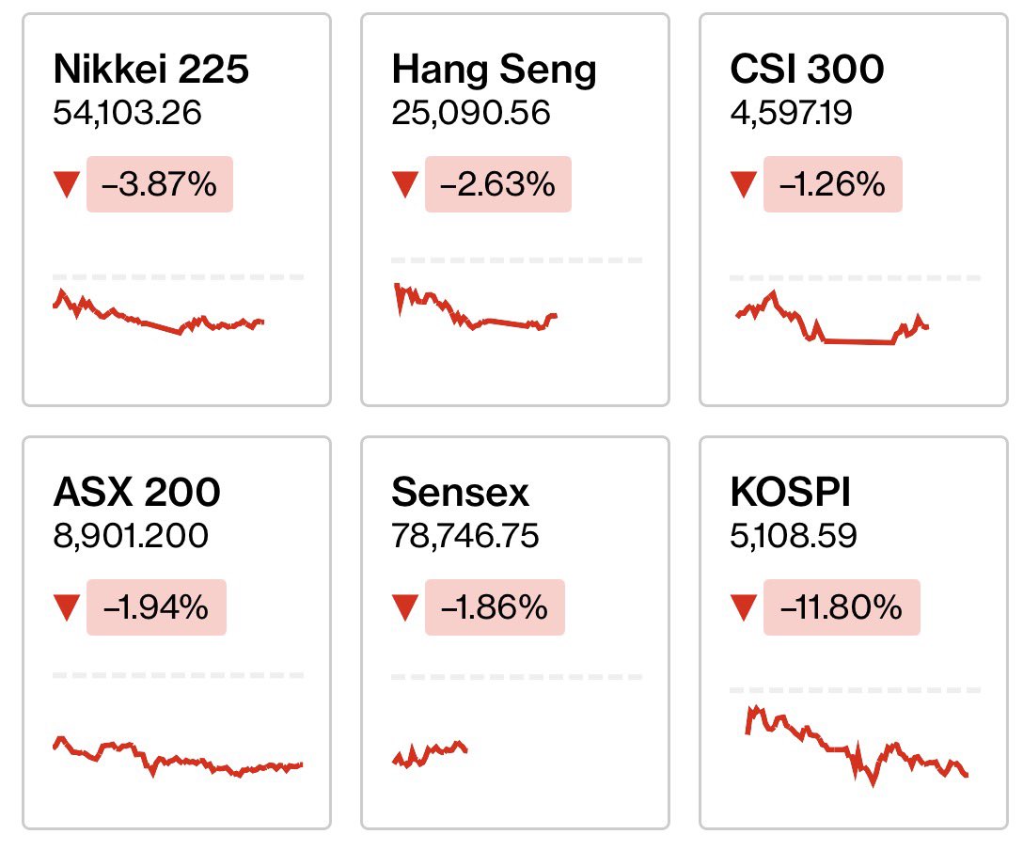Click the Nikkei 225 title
coord(151,70)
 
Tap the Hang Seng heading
coord(494,71)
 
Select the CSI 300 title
coord(807,70)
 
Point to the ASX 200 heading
coord(137,492)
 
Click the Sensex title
coord(460,492)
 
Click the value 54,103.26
coord(128,114)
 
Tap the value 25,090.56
coord(471,114)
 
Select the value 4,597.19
coord(796,114)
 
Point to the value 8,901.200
coord(131,536)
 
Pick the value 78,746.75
coord(465,536)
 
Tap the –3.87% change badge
coord(159,184)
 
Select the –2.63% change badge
coord(497,184)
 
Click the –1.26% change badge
coord(832,184)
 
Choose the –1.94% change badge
coord(156,607)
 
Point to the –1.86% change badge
coord(495,607)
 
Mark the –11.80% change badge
coord(841,607)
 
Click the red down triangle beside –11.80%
coord(744,608)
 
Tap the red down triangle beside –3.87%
coord(66,185)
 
